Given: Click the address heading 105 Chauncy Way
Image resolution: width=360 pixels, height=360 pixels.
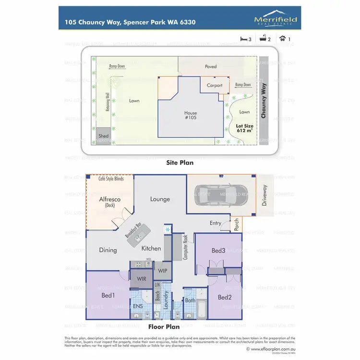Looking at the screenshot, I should [130, 22].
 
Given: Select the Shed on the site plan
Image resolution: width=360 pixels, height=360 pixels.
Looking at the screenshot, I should [103, 136].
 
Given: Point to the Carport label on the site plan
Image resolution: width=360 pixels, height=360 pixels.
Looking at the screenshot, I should [215, 85].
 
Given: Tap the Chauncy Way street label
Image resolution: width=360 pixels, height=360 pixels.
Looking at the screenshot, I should [264, 99].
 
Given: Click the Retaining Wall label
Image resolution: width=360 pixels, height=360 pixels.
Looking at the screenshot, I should [108, 102].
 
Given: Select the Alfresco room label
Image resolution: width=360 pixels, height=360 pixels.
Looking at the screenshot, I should [109, 199].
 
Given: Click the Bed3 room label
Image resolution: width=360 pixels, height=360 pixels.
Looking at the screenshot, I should [218, 251].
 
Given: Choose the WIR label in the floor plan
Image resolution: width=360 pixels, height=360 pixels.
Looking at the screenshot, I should [141, 278].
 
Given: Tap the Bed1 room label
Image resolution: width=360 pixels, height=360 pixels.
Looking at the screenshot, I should [108, 295].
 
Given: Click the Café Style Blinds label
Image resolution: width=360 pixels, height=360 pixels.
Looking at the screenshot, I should [111, 179].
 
